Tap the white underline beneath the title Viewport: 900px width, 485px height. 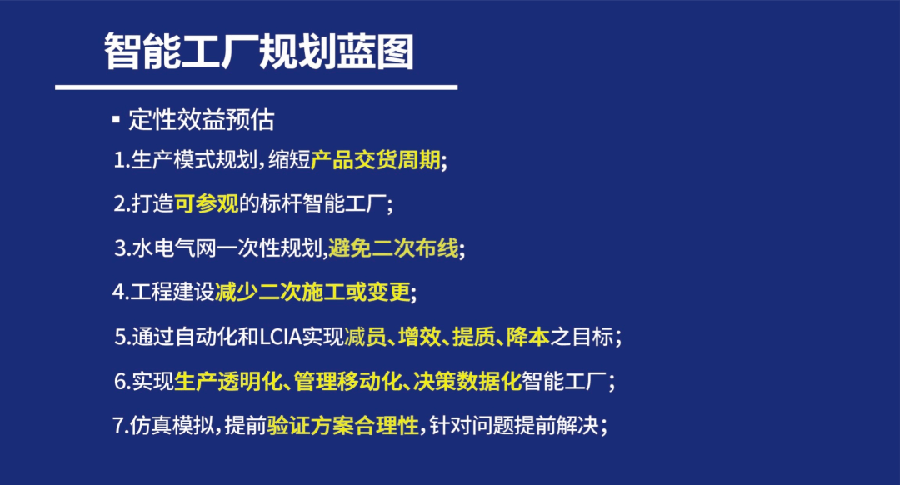[256, 87]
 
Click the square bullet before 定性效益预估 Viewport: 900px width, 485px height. [116, 120]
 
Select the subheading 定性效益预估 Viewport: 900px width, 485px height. [202, 120]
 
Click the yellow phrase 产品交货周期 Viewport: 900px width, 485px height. [375, 160]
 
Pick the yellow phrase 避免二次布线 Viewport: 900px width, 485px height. [393, 247]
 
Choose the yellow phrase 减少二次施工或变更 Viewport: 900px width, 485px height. [312, 292]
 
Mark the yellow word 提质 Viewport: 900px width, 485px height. [473, 337]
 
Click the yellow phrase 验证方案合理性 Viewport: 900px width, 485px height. [342, 426]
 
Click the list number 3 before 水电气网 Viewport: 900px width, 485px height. [120, 248]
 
